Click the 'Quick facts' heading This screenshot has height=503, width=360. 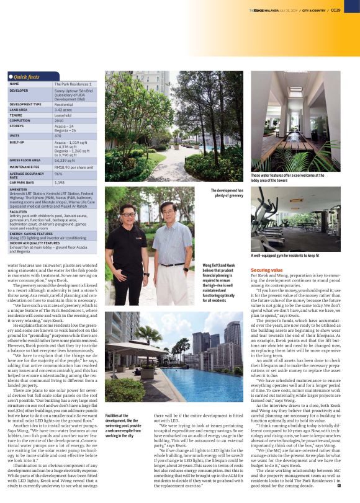(27, 76)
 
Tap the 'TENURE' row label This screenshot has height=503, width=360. (17, 115)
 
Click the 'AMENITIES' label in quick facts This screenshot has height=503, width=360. (19, 189)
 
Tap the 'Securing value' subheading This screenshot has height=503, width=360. (267, 271)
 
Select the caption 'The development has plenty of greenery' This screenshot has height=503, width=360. (228, 193)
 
